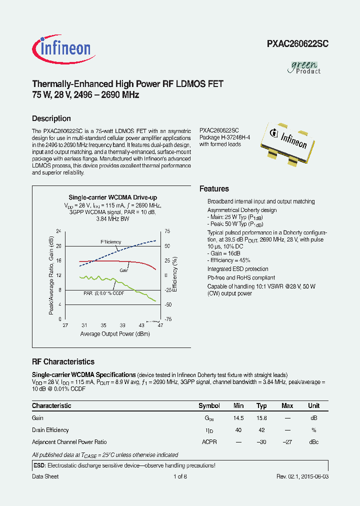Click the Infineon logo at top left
(61, 48)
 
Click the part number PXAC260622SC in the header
(297, 43)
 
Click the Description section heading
(51, 118)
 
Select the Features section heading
(214, 188)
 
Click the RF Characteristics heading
(63, 361)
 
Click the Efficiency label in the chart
(110, 241)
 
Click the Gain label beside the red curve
(124, 270)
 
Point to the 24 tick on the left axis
(58, 231)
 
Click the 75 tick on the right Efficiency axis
(167, 231)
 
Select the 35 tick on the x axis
(103, 325)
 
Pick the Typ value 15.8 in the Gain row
(261, 418)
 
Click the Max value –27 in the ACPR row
(287, 442)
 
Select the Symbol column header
(209, 406)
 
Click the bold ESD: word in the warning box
(39, 465)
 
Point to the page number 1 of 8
(180, 476)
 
